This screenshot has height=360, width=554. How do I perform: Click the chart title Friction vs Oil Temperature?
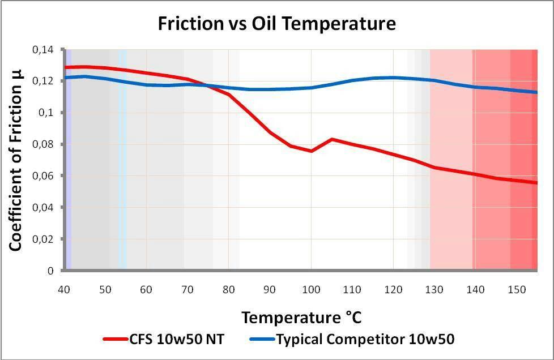pos(276,23)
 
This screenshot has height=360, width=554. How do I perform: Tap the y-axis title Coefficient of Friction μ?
pos(16,160)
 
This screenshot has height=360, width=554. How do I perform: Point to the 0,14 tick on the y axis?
pos(44,50)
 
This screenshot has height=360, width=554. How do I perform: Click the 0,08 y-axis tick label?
pos(44,144)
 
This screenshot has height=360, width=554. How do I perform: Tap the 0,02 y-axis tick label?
pos(44,239)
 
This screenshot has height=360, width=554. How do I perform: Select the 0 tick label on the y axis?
pos(50,271)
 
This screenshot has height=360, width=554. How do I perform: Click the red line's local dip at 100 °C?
pos(311,151)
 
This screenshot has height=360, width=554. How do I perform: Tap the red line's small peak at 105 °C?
pos(332,139)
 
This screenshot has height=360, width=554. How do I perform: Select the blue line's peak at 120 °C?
pos(393,78)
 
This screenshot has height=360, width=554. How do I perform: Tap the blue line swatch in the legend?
pos(262,340)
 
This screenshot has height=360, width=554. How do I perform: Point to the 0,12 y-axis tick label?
pos(44,81)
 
